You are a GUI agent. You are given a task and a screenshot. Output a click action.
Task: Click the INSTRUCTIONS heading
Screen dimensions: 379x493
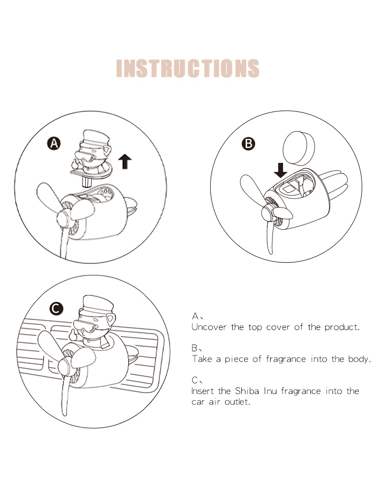click(x=188, y=68)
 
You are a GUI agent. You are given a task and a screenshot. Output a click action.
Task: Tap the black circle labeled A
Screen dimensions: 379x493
click(x=54, y=143)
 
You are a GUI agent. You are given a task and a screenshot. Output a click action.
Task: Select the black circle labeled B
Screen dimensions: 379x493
click(x=249, y=144)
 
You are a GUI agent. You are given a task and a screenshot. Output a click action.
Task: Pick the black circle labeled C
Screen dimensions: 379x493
click(x=56, y=308)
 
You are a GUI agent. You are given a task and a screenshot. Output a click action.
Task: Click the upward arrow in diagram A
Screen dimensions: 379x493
click(x=125, y=161)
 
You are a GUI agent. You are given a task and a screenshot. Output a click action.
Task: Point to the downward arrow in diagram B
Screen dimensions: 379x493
click(x=280, y=170)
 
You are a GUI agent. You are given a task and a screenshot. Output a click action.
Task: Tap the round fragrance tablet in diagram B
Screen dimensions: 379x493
click(x=298, y=148)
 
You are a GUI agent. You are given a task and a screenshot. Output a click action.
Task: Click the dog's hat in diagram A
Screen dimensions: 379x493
click(x=95, y=137)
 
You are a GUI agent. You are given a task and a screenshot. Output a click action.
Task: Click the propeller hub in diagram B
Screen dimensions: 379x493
click(x=268, y=214)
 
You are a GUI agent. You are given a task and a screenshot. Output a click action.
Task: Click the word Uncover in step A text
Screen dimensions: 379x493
click(x=209, y=327)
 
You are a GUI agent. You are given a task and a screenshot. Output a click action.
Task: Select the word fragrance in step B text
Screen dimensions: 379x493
click(x=286, y=359)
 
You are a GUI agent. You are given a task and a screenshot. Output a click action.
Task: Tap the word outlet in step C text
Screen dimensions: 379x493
click(x=237, y=402)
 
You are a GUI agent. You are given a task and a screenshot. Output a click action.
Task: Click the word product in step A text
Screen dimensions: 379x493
click(x=342, y=327)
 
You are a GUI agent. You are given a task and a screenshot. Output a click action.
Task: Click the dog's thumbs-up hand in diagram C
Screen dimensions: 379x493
click(x=73, y=335)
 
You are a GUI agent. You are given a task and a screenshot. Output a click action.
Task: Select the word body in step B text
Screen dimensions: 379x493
click(x=359, y=359)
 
